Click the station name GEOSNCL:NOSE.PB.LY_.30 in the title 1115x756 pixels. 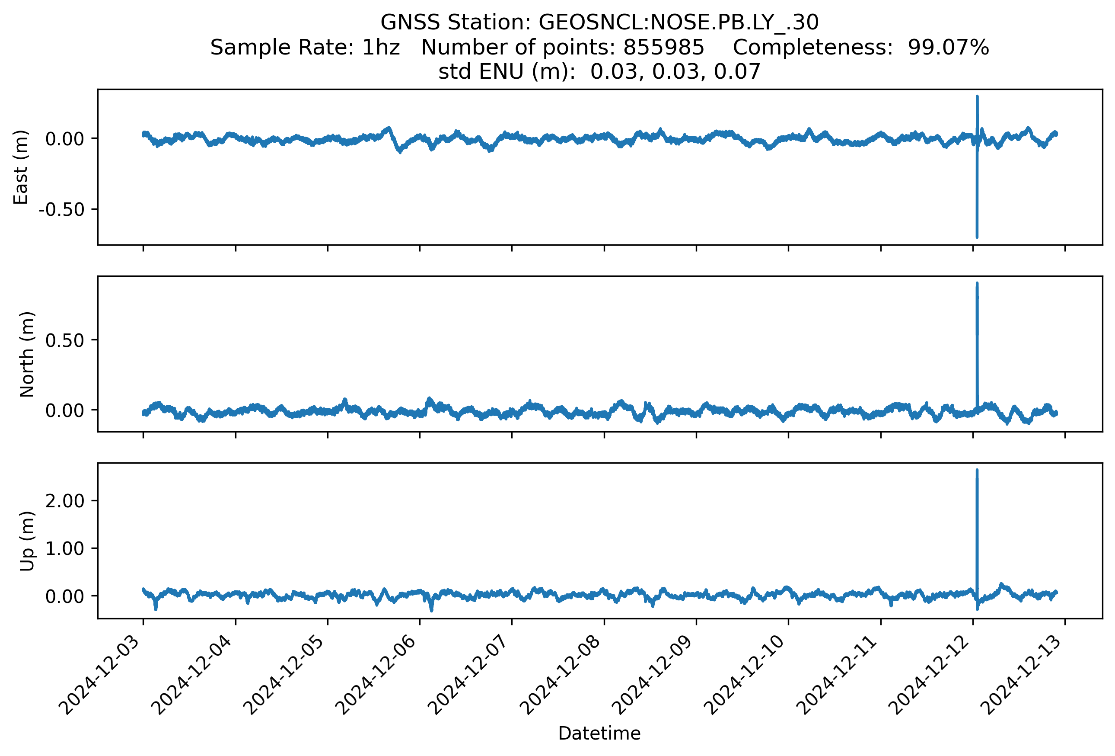tap(679, 22)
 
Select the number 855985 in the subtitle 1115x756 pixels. tap(663, 48)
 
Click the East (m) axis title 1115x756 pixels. tap(21, 167)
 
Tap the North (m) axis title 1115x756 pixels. tap(27, 354)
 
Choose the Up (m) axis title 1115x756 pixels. tap(27, 541)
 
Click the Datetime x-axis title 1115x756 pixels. tap(599, 734)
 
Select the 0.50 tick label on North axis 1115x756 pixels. tap(65, 340)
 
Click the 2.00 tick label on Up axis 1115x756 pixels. tap(65, 501)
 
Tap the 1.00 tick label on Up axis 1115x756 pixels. tap(65, 548)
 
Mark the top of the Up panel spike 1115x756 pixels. tap(977, 471)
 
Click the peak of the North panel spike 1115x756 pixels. tap(977, 284)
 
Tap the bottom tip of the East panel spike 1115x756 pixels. tap(977, 237)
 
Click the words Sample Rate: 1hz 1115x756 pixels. tap(305, 48)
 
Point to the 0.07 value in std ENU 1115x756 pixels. tap(737, 72)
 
